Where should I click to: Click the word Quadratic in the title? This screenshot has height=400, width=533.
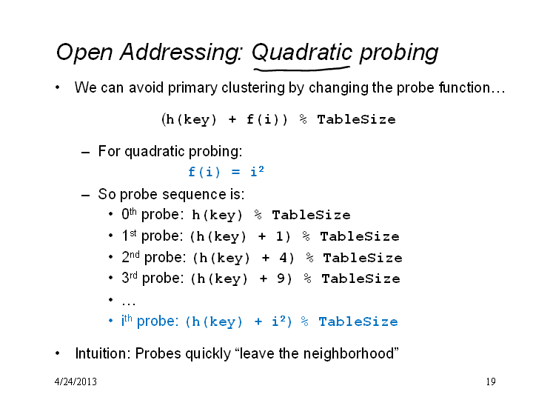[302, 53]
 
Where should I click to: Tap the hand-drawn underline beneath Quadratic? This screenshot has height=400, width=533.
[302, 70]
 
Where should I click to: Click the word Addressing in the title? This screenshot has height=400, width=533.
[181, 53]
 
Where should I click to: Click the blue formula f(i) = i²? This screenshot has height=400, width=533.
[226, 171]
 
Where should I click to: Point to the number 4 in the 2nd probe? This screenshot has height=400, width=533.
[283, 258]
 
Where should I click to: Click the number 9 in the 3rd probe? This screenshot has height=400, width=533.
[281, 279]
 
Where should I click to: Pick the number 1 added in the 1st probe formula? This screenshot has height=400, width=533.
[279, 236]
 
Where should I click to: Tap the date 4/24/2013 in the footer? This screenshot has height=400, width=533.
[76, 381]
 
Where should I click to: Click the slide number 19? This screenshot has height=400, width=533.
[491, 381]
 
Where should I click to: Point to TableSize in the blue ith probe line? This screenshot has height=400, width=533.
[358, 321]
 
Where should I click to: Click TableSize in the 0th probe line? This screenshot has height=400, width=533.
[311, 215]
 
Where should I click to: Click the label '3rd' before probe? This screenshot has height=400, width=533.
[130, 278]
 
